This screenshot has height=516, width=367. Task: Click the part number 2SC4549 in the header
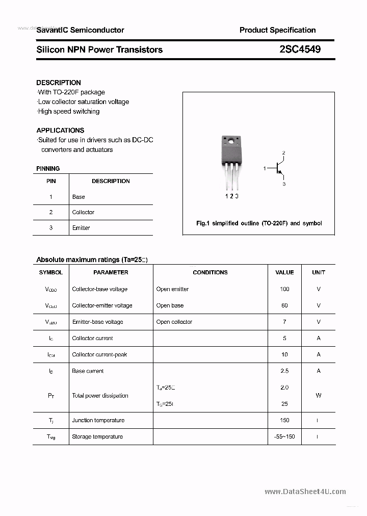300,49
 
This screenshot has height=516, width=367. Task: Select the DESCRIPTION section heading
59,83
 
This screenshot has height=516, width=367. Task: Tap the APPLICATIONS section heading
60,131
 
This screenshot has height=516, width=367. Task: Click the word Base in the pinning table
78,197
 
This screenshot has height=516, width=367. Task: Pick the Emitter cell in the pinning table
81,228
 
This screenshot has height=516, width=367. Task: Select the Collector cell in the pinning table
83,212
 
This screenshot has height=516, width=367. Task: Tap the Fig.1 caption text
259,223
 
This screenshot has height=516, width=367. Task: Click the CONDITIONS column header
210,272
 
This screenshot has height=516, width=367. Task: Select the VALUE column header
284,272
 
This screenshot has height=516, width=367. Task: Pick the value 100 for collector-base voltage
284,289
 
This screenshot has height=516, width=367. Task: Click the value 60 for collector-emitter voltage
284,305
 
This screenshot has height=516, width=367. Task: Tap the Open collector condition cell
174,322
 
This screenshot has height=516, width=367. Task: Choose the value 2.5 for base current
284,371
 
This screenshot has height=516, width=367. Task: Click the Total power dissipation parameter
100,396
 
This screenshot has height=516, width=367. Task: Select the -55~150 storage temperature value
284,436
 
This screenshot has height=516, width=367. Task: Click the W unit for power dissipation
319,396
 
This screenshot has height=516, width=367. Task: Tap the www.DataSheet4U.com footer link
305,492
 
